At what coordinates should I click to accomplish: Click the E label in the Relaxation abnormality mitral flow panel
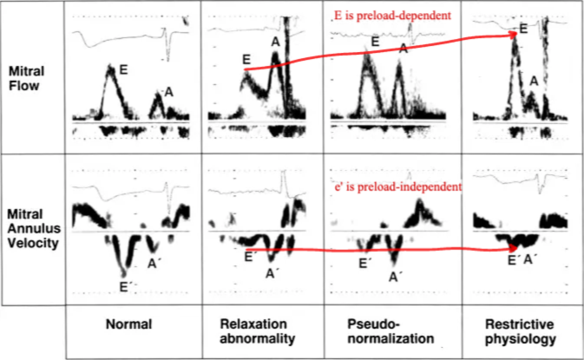(246, 59)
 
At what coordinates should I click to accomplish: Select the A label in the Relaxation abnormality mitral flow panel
(275, 42)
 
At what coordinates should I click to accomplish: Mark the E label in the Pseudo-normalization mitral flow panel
(375, 42)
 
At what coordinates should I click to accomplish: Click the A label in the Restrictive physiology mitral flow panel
(535, 81)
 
